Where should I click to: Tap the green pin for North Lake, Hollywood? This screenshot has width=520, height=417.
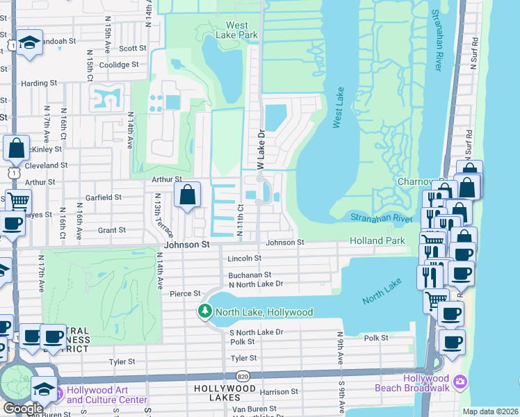coord(205,311)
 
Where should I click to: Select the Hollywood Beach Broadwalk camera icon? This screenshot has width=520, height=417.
coord(460,382)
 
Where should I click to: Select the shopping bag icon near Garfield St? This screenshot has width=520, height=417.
coord(188,195)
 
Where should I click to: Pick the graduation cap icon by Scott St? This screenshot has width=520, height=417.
coord(30,43)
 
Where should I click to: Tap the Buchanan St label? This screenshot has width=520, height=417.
coord(250,275)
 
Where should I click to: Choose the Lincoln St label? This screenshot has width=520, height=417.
coord(244,259)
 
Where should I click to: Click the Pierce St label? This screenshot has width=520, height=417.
coord(186,293)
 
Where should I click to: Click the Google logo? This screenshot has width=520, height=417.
coord(23,409)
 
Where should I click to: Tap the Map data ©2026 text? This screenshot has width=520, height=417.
coord(490,411)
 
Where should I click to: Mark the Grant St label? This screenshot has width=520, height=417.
coord(111,229)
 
